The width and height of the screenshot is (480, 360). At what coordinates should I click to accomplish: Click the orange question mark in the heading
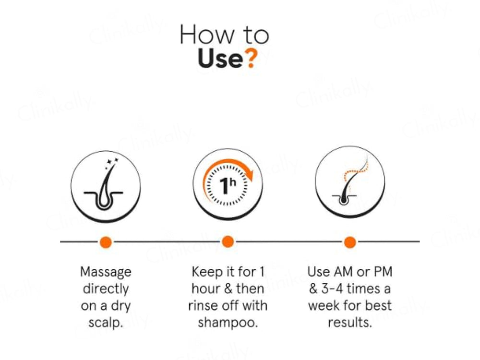click(251, 59)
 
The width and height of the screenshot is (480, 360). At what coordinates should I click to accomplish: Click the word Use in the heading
click(220, 59)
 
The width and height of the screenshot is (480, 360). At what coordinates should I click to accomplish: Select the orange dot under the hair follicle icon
click(106, 242)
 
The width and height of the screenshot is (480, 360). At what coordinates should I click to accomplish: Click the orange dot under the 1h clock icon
click(228, 242)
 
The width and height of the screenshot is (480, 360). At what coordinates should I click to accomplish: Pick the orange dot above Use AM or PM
click(350, 242)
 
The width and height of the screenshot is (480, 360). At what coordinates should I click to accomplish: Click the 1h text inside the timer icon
click(228, 185)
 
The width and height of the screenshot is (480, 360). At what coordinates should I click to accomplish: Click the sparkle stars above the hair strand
click(111, 163)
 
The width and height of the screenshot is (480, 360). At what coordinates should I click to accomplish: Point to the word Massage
click(106, 272)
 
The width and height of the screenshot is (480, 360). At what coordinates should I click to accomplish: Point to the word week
click(324, 305)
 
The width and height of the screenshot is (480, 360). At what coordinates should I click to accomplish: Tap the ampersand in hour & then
click(228, 289)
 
